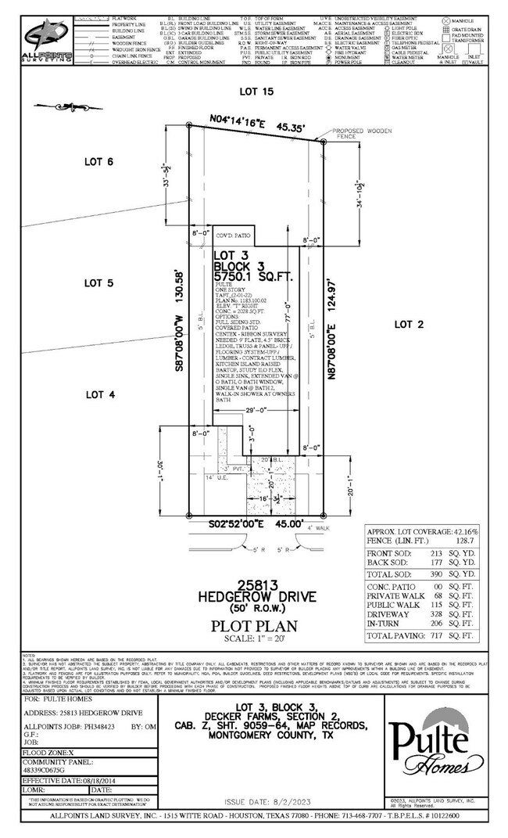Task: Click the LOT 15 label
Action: (256, 92)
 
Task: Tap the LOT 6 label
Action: (99, 161)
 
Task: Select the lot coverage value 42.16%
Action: (465, 531)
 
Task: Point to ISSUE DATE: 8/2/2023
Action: (263, 803)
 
